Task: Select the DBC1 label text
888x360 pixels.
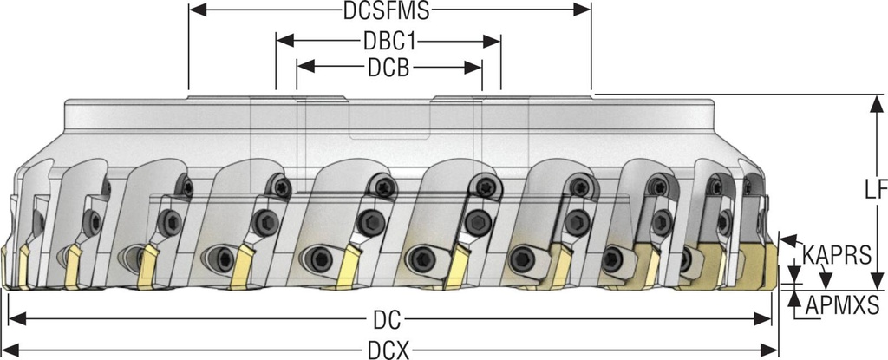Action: pyautogui.click(x=388, y=41)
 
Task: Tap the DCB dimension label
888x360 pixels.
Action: pyautogui.click(x=388, y=68)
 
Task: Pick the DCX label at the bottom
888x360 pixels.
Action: pyautogui.click(x=388, y=350)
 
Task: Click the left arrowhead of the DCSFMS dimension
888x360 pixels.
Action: pyautogui.click(x=195, y=10)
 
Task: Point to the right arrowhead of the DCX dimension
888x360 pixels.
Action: pyautogui.click(x=773, y=350)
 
